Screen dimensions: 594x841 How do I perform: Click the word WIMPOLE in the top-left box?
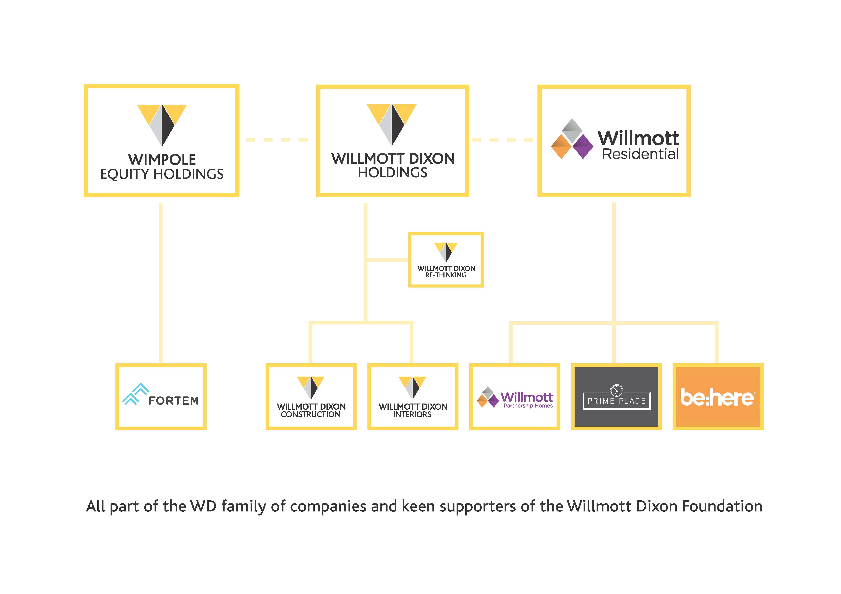click(162, 160)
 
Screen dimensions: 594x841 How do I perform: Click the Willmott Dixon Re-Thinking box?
click(446, 260)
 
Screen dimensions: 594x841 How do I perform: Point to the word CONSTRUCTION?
click(311, 414)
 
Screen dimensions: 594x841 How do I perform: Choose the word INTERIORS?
click(412, 414)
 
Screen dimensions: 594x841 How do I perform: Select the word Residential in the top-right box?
click(640, 154)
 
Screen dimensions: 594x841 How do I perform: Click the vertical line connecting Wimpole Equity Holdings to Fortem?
click(160, 282)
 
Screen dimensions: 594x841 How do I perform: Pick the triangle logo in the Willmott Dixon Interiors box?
click(412, 387)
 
